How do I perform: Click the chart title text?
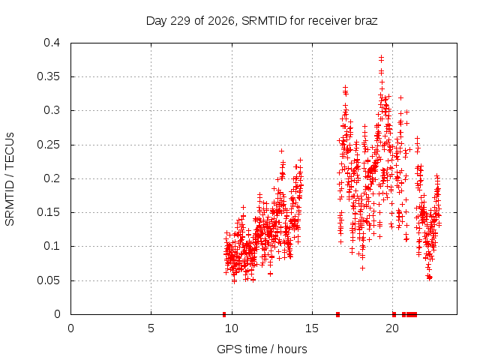pos(262,21)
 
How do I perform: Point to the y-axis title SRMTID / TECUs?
pos(10,179)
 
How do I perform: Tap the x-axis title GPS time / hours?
pos(262,349)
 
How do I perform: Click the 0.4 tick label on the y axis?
pos(52,43)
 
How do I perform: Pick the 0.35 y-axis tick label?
pos(48,76)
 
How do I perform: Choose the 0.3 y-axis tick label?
pos(52,110)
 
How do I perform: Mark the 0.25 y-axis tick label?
pos(48,145)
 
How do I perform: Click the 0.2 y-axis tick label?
pos(52,178)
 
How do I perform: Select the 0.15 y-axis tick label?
pos(48,212)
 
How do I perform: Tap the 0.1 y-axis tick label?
pos(52,246)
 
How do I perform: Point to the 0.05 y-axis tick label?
pos(48,280)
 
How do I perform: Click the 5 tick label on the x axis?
pos(151,328)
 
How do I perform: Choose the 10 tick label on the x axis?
pos(232,328)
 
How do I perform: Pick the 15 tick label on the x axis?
pos(312,328)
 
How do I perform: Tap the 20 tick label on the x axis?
pos(392,328)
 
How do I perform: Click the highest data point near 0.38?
pos(381,57)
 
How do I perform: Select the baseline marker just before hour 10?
pos(224,314)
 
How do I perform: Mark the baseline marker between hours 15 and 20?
pos(337,314)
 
